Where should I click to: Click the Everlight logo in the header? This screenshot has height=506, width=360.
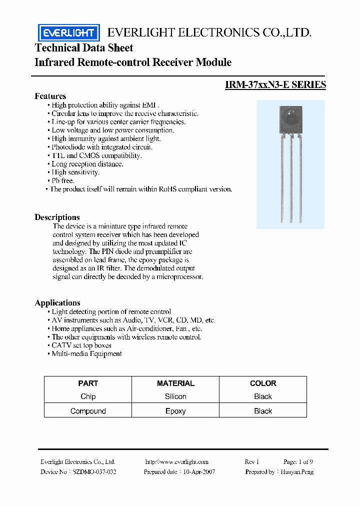coord(69,33)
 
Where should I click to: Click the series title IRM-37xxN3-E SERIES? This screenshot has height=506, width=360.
coord(275,84)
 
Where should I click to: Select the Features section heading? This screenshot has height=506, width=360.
coord(50,96)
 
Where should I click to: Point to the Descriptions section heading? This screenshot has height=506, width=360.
coord(57,217)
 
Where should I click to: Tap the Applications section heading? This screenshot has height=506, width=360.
coord(57,302)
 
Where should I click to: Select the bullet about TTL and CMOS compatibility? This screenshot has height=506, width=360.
coord(96,155)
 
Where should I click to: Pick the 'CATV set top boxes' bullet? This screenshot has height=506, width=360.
coord(81,345)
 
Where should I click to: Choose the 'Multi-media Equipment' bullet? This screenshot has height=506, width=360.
coord(86,353)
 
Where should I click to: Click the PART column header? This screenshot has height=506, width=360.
coord(88,383)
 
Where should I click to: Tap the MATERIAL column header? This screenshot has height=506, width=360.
coord(175,383)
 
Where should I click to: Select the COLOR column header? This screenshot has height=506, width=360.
coord(263,383)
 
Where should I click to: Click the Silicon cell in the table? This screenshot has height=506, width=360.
coord(175,396)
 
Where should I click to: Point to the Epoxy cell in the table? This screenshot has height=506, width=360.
coord(175,411)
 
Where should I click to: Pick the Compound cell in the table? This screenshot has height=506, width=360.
coord(88,411)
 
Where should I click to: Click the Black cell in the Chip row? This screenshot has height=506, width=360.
coord(263,396)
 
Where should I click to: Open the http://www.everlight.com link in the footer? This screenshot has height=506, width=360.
coord(176,461)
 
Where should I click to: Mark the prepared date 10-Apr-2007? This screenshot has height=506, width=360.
coord(199,471)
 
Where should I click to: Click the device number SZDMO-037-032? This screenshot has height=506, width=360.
coord(94,471)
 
